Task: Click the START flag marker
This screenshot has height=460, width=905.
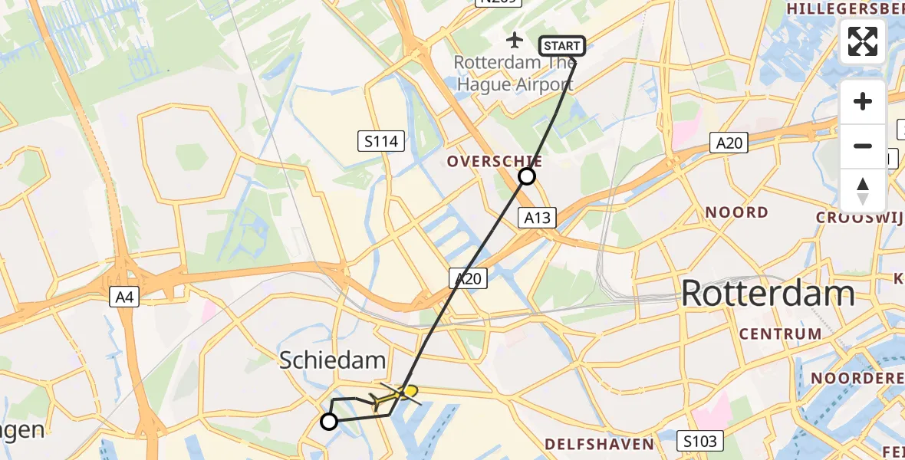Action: pyautogui.click(x=562, y=46)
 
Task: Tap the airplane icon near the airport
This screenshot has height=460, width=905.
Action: pyautogui.click(x=515, y=38)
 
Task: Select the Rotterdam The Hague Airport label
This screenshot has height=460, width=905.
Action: pyautogui.click(x=514, y=74)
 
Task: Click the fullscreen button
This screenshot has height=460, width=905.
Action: pyautogui.click(x=863, y=41)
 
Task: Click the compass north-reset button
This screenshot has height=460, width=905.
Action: pyautogui.click(x=863, y=191)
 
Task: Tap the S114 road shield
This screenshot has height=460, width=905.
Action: pyautogui.click(x=381, y=140)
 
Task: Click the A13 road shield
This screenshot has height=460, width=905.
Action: pyautogui.click(x=538, y=218)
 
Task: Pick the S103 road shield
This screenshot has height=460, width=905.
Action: pyautogui.click(x=699, y=440)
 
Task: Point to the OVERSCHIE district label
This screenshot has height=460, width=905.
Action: pyautogui.click(x=495, y=162)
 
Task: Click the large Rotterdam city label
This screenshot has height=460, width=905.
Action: pyautogui.click(x=768, y=294)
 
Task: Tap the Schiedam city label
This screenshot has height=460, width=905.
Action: pyautogui.click(x=332, y=360)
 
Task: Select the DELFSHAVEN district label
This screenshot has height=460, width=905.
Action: pyautogui.click(x=600, y=444)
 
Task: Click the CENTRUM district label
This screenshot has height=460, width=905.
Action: pyautogui.click(x=781, y=333)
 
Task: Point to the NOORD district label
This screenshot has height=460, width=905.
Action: pyautogui.click(x=736, y=212)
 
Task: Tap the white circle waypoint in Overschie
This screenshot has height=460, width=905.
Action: pyautogui.click(x=527, y=177)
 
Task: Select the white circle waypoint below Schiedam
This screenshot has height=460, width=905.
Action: pyautogui.click(x=329, y=421)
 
